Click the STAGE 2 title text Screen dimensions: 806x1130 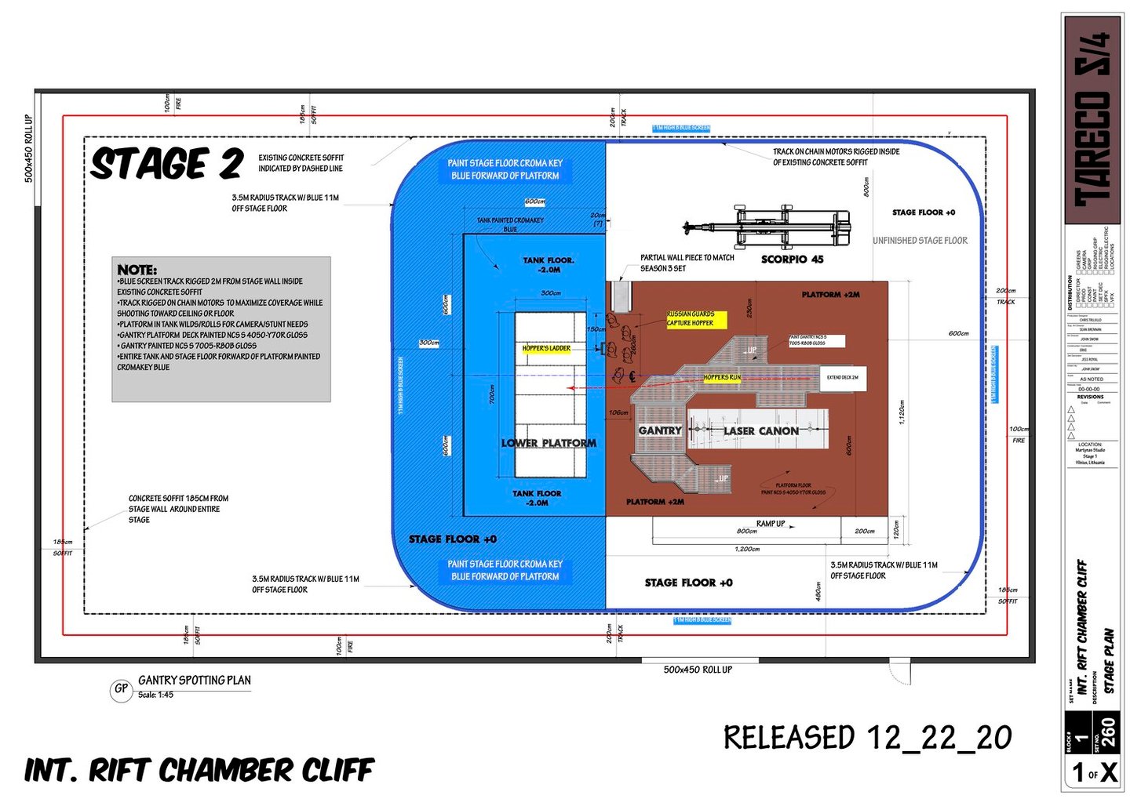(x=166, y=165)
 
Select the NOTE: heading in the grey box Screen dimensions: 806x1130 (x=137, y=270)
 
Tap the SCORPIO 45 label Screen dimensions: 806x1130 (x=792, y=260)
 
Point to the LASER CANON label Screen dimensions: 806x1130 (x=760, y=430)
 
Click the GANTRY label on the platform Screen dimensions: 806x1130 (x=659, y=430)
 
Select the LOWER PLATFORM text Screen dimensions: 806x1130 (x=549, y=443)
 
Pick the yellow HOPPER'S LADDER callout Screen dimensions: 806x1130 (x=546, y=348)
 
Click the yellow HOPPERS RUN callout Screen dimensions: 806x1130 (x=722, y=378)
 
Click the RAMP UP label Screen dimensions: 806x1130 (x=770, y=524)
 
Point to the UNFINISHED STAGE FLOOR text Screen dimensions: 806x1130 (x=920, y=241)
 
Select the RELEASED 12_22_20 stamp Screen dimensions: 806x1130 (x=867, y=738)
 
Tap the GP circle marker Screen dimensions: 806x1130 (x=121, y=689)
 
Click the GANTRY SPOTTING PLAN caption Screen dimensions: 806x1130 (x=195, y=681)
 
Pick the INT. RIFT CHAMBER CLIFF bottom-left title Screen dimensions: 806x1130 (x=199, y=770)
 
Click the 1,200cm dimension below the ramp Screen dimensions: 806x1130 (x=747, y=549)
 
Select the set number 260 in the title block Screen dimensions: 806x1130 (x=1107, y=733)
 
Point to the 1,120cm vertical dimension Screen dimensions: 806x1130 (x=902, y=412)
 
